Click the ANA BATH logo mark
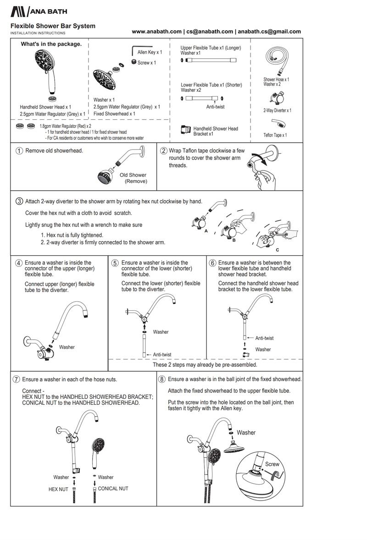(x=18, y=11)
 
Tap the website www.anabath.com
(x=156, y=32)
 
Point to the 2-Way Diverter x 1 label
(x=277, y=110)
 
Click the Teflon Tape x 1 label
(x=275, y=135)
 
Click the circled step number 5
(x=115, y=263)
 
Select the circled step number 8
(x=162, y=380)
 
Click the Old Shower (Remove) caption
(x=133, y=178)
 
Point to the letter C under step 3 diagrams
(x=277, y=250)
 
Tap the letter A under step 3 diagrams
(x=206, y=231)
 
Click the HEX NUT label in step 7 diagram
(x=58, y=490)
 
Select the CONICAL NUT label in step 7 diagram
(x=113, y=489)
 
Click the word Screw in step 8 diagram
(x=272, y=464)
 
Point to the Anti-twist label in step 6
(x=264, y=338)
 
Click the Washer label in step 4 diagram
(x=67, y=347)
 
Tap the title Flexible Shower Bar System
(x=53, y=26)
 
